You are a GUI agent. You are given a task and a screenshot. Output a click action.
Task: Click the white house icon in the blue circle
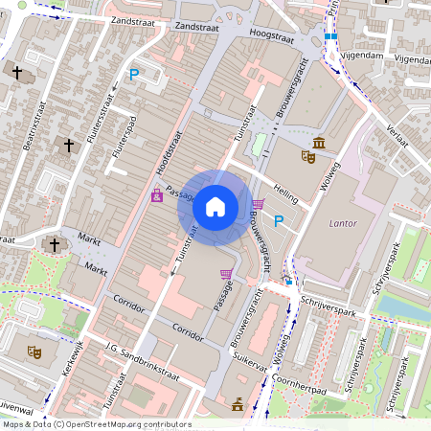click(215, 206)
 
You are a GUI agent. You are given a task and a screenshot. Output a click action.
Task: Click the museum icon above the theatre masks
click(318, 144)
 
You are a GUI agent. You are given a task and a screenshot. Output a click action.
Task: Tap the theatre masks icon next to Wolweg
click(307, 155)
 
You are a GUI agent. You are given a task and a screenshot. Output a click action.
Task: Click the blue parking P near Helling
click(279, 222)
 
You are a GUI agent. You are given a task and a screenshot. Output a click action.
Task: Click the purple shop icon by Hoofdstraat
click(156, 196)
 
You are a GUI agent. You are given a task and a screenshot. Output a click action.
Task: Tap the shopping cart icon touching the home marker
click(258, 204)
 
